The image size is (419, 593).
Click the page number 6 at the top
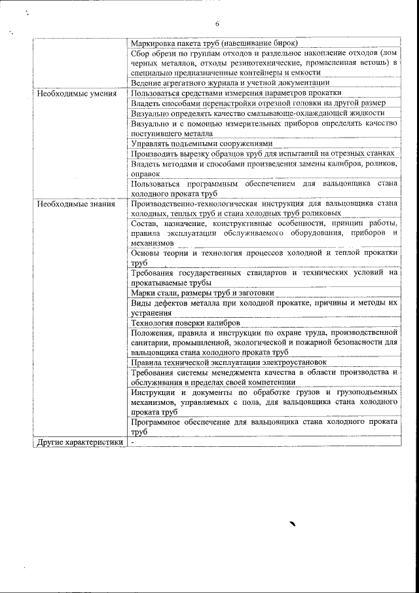tap(217, 24)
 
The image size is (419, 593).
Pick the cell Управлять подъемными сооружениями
tap(202, 143)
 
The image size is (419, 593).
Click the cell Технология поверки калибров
tap(185, 322)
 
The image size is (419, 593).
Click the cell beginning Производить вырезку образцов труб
tap(265, 153)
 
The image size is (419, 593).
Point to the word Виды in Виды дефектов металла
tap(141, 303)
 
